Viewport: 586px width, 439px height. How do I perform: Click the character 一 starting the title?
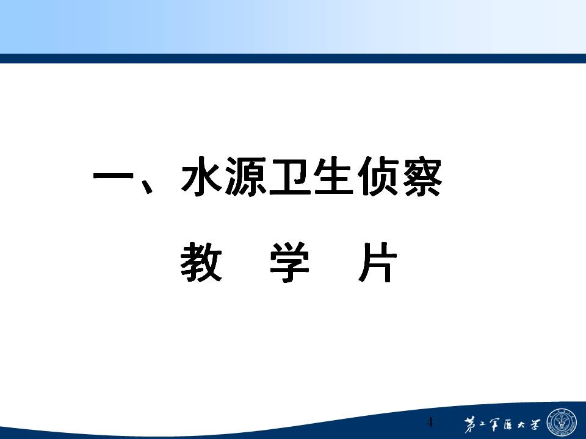113,176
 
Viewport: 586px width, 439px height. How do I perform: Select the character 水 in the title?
201,176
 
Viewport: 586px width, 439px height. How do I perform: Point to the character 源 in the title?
245,176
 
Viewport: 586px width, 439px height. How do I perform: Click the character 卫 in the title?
290,176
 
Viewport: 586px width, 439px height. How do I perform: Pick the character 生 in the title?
334,176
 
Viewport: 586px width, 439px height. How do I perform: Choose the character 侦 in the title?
378,176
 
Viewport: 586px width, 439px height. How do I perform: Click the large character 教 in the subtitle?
201,262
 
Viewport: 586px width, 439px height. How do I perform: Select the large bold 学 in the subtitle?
289,262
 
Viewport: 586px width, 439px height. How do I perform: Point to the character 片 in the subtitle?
377,262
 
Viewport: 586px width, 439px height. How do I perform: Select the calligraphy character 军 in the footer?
494,424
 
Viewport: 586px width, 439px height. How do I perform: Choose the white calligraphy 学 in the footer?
535,424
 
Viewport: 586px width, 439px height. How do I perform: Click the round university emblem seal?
562,423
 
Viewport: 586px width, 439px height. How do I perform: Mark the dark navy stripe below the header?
293,59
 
